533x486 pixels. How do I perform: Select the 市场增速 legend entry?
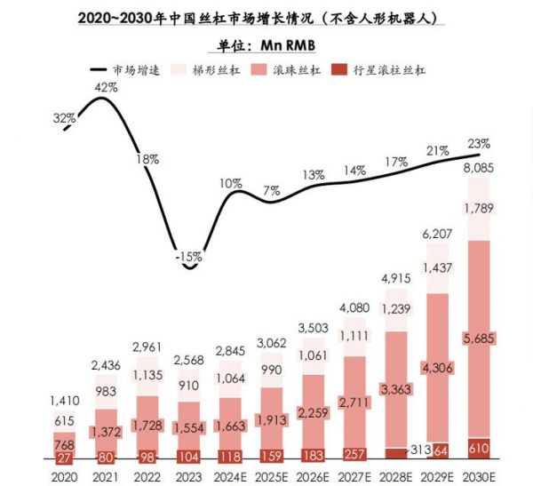[x=125, y=70]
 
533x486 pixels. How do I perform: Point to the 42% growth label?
[x=107, y=87]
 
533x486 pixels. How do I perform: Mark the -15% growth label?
[x=188, y=256]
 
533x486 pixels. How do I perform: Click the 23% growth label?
[x=479, y=143]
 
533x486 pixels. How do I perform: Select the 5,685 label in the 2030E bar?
[x=478, y=338]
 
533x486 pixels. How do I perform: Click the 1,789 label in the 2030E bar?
[x=478, y=208]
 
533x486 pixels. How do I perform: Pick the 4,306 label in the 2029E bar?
[x=435, y=368]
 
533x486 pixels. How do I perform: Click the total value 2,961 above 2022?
[x=147, y=346]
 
